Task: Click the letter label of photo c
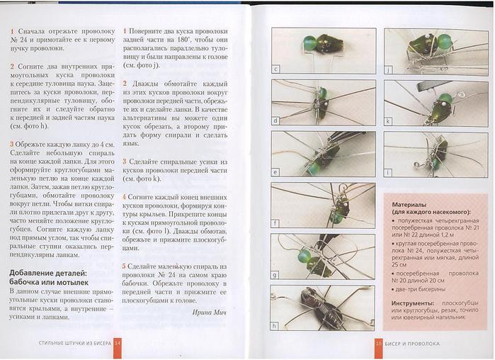pyautogui.click(x=276, y=69)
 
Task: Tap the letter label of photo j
pyautogui.click(x=389, y=69)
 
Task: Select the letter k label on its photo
pyautogui.click(x=389, y=121)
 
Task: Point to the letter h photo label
pyautogui.click(x=276, y=326)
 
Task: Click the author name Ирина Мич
pyautogui.click(x=214, y=311)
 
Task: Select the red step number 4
pyautogui.click(x=124, y=195)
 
